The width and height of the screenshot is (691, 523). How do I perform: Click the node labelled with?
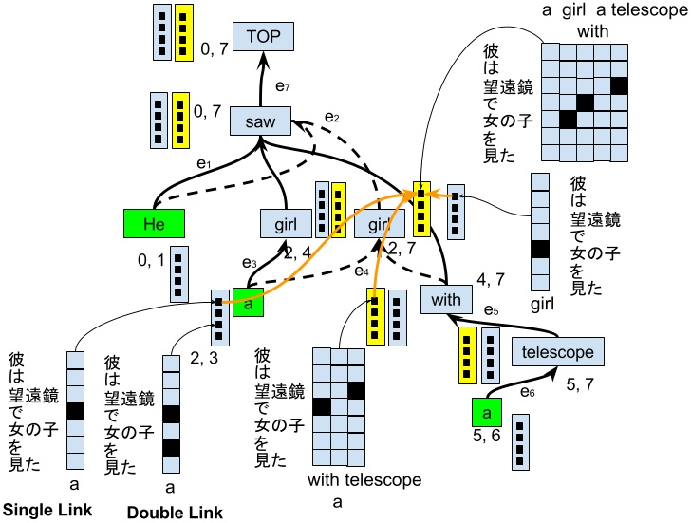(445, 300)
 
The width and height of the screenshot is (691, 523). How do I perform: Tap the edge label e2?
(331, 117)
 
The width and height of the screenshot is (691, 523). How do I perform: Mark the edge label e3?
(250, 263)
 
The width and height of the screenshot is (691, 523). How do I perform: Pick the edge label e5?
(491, 309)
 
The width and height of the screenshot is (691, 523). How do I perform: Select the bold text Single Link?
(47, 510)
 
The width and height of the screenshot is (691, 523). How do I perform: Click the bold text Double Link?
(175, 514)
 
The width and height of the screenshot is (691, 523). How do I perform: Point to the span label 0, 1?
(149, 259)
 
